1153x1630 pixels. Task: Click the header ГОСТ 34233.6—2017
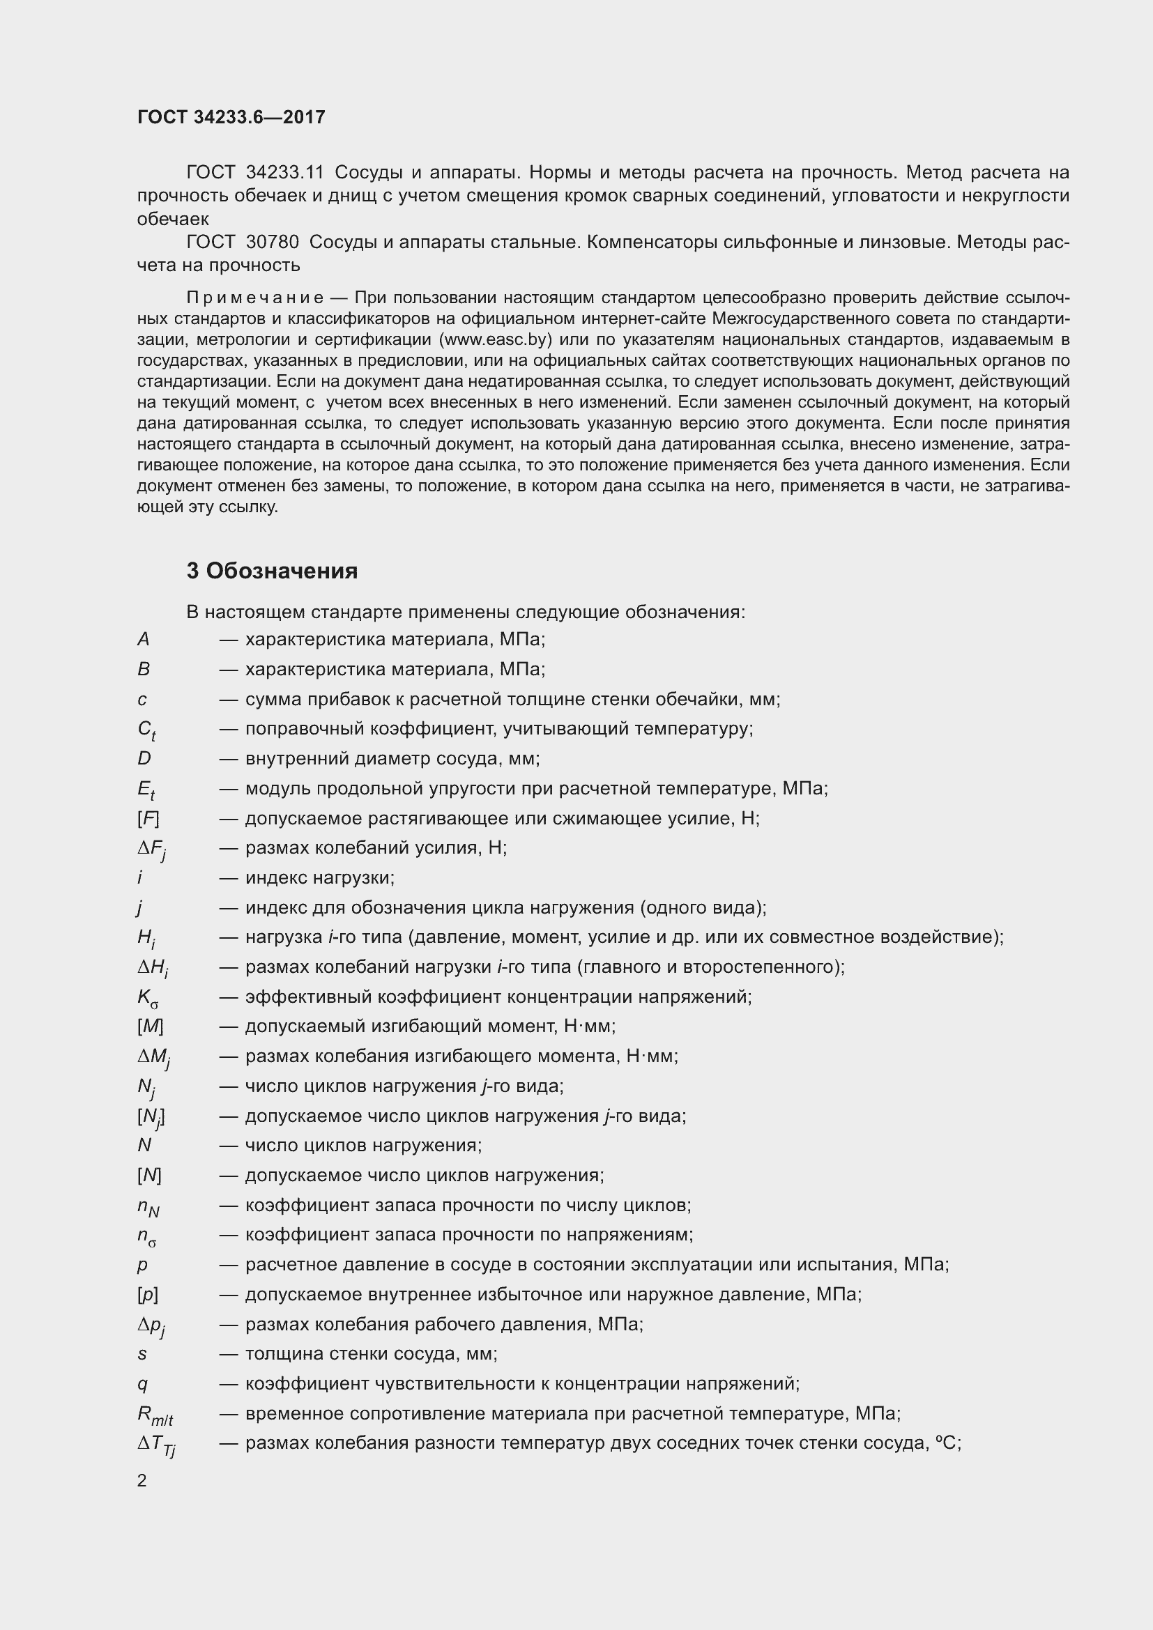231,117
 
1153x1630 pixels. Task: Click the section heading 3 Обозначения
272,571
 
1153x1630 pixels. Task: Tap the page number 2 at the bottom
142,1480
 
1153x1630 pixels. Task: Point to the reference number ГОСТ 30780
242,242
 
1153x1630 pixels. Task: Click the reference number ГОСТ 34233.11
255,173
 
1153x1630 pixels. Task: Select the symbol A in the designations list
144,640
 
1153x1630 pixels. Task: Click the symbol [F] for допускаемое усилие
148,819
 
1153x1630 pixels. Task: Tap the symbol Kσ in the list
148,998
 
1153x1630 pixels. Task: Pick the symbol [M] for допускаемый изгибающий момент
150,1027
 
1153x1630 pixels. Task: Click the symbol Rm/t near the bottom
154,1415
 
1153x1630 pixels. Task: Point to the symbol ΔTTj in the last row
156,1445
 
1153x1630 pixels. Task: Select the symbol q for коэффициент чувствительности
142,1385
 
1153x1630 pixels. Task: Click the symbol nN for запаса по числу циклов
148,1207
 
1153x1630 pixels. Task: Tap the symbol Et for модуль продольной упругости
146,790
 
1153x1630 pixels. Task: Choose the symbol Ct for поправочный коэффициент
146,730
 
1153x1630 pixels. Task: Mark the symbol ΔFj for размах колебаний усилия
151,849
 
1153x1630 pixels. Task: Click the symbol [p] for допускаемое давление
148,1295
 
